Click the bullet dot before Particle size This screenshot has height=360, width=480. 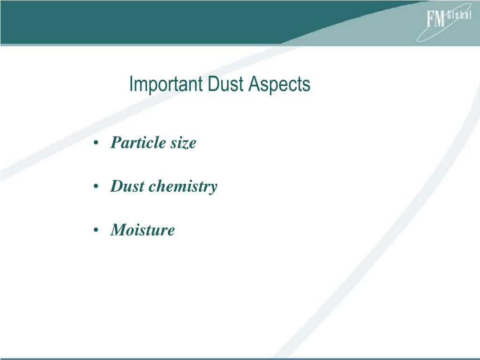click(x=96, y=143)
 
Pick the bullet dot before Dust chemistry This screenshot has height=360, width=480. click(x=96, y=187)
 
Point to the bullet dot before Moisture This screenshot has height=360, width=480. click(x=96, y=230)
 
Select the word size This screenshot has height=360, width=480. click(x=182, y=142)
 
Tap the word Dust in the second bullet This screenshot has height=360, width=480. click(x=127, y=186)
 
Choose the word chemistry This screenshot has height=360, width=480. click(x=183, y=187)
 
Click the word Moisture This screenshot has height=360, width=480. click(x=142, y=230)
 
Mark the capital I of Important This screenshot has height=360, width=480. click(x=131, y=85)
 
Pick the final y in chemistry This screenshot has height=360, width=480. click(x=213, y=188)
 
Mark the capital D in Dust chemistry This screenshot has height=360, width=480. click(x=116, y=186)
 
